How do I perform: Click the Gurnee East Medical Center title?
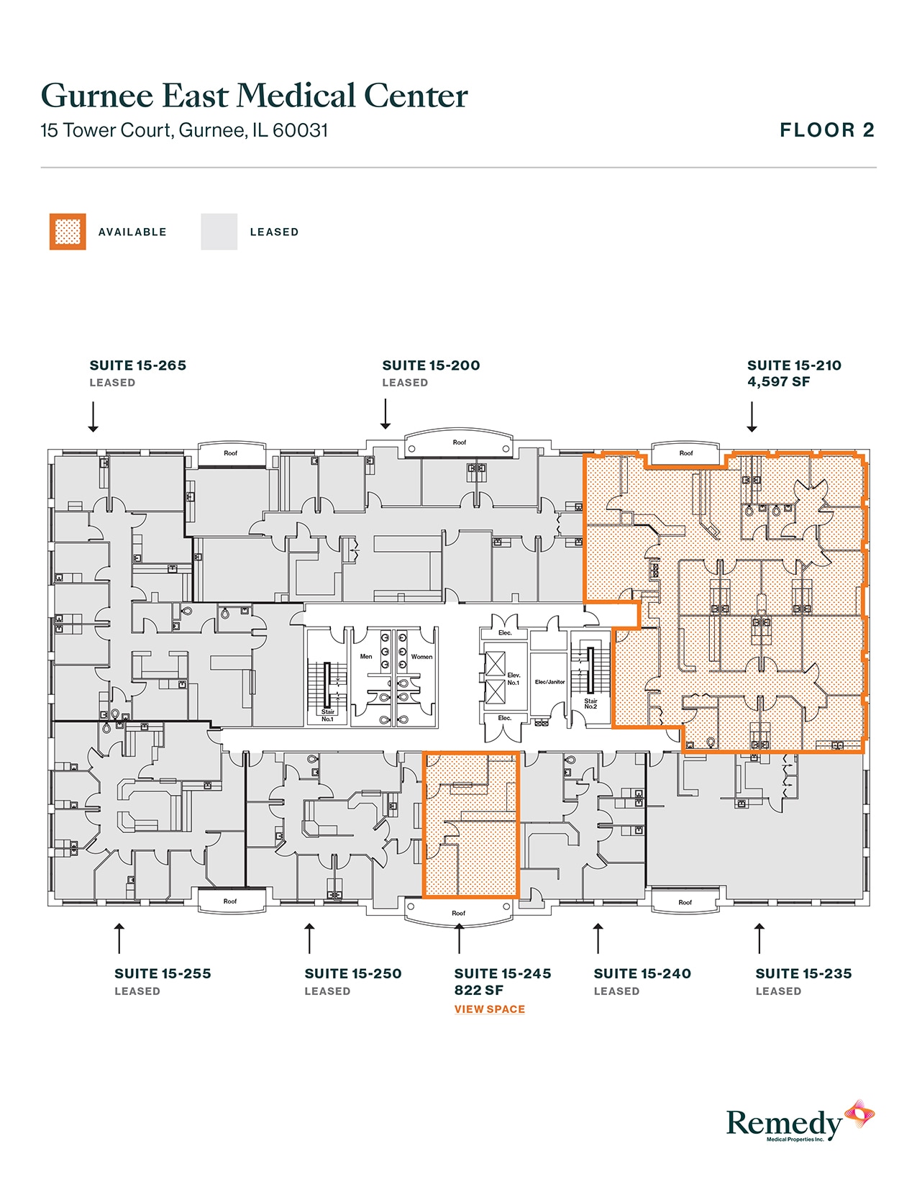[254, 96]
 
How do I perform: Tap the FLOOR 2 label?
[827, 130]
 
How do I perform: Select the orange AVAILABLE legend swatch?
[68, 232]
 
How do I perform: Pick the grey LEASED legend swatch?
[219, 232]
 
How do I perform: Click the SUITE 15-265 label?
[137, 365]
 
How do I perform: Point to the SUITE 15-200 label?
[431, 365]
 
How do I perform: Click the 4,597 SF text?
[778, 382]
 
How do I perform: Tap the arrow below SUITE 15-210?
[752, 417]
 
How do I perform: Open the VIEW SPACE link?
[489, 1009]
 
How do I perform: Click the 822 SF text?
[478, 991]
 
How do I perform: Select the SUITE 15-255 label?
[163, 974]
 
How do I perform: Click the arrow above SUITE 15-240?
[598, 939]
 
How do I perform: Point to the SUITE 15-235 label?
[803, 974]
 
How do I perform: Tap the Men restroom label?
[366, 656]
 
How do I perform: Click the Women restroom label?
[421, 656]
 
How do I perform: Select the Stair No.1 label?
[327, 715]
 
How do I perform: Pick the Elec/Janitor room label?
[549, 681]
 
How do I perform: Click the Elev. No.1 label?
[514, 678]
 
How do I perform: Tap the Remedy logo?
[798, 1122]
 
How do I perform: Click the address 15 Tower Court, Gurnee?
[184, 130]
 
